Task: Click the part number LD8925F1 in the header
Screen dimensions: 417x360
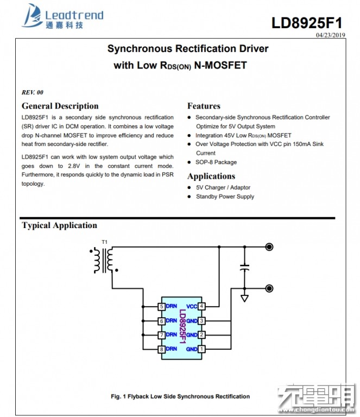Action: click(x=307, y=23)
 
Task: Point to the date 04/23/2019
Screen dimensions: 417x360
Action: click(x=330, y=35)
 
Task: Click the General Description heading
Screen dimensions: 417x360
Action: click(x=60, y=106)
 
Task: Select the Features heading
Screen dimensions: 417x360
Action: click(x=204, y=106)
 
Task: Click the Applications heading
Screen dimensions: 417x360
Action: click(x=211, y=176)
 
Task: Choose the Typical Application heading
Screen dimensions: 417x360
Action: click(x=59, y=225)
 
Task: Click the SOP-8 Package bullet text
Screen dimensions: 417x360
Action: click(x=216, y=162)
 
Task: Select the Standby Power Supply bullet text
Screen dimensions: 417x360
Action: click(x=225, y=196)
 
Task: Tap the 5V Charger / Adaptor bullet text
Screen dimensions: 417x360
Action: click(x=223, y=187)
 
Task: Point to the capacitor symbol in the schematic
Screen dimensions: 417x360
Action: click(x=245, y=267)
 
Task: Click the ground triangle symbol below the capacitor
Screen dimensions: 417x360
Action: click(x=245, y=298)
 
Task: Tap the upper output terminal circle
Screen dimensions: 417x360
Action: click(x=269, y=247)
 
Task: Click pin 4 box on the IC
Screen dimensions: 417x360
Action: click(x=201, y=306)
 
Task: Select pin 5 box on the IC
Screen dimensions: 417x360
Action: click(x=161, y=306)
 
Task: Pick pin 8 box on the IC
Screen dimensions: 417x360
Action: click(x=161, y=349)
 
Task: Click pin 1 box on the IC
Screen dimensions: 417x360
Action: click(x=201, y=349)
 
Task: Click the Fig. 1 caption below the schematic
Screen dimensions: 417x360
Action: click(x=180, y=396)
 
